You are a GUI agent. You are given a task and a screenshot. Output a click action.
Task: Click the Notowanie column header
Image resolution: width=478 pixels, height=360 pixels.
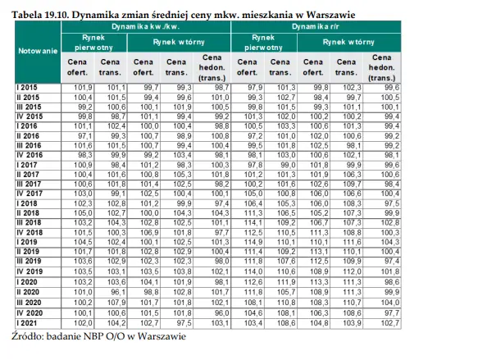(x=38, y=51)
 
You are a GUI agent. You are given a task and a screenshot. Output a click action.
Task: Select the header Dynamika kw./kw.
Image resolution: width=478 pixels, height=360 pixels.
(x=146, y=26)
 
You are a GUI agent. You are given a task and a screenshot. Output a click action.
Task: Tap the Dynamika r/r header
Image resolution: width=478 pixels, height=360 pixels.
(x=316, y=26)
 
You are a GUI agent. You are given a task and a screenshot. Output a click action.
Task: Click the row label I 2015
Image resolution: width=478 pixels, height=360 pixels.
(x=27, y=88)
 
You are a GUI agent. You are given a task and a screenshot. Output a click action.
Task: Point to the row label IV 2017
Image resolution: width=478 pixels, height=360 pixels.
(x=30, y=194)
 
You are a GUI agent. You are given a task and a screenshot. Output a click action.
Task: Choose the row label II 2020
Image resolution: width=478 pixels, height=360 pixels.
(x=28, y=292)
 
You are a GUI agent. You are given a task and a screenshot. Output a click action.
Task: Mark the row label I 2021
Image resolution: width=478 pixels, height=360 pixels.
(x=27, y=323)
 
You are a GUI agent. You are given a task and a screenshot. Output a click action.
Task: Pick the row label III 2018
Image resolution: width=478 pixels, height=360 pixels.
(x=29, y=222)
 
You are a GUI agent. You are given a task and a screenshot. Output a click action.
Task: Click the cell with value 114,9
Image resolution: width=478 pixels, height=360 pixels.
(x=253, y=242)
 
